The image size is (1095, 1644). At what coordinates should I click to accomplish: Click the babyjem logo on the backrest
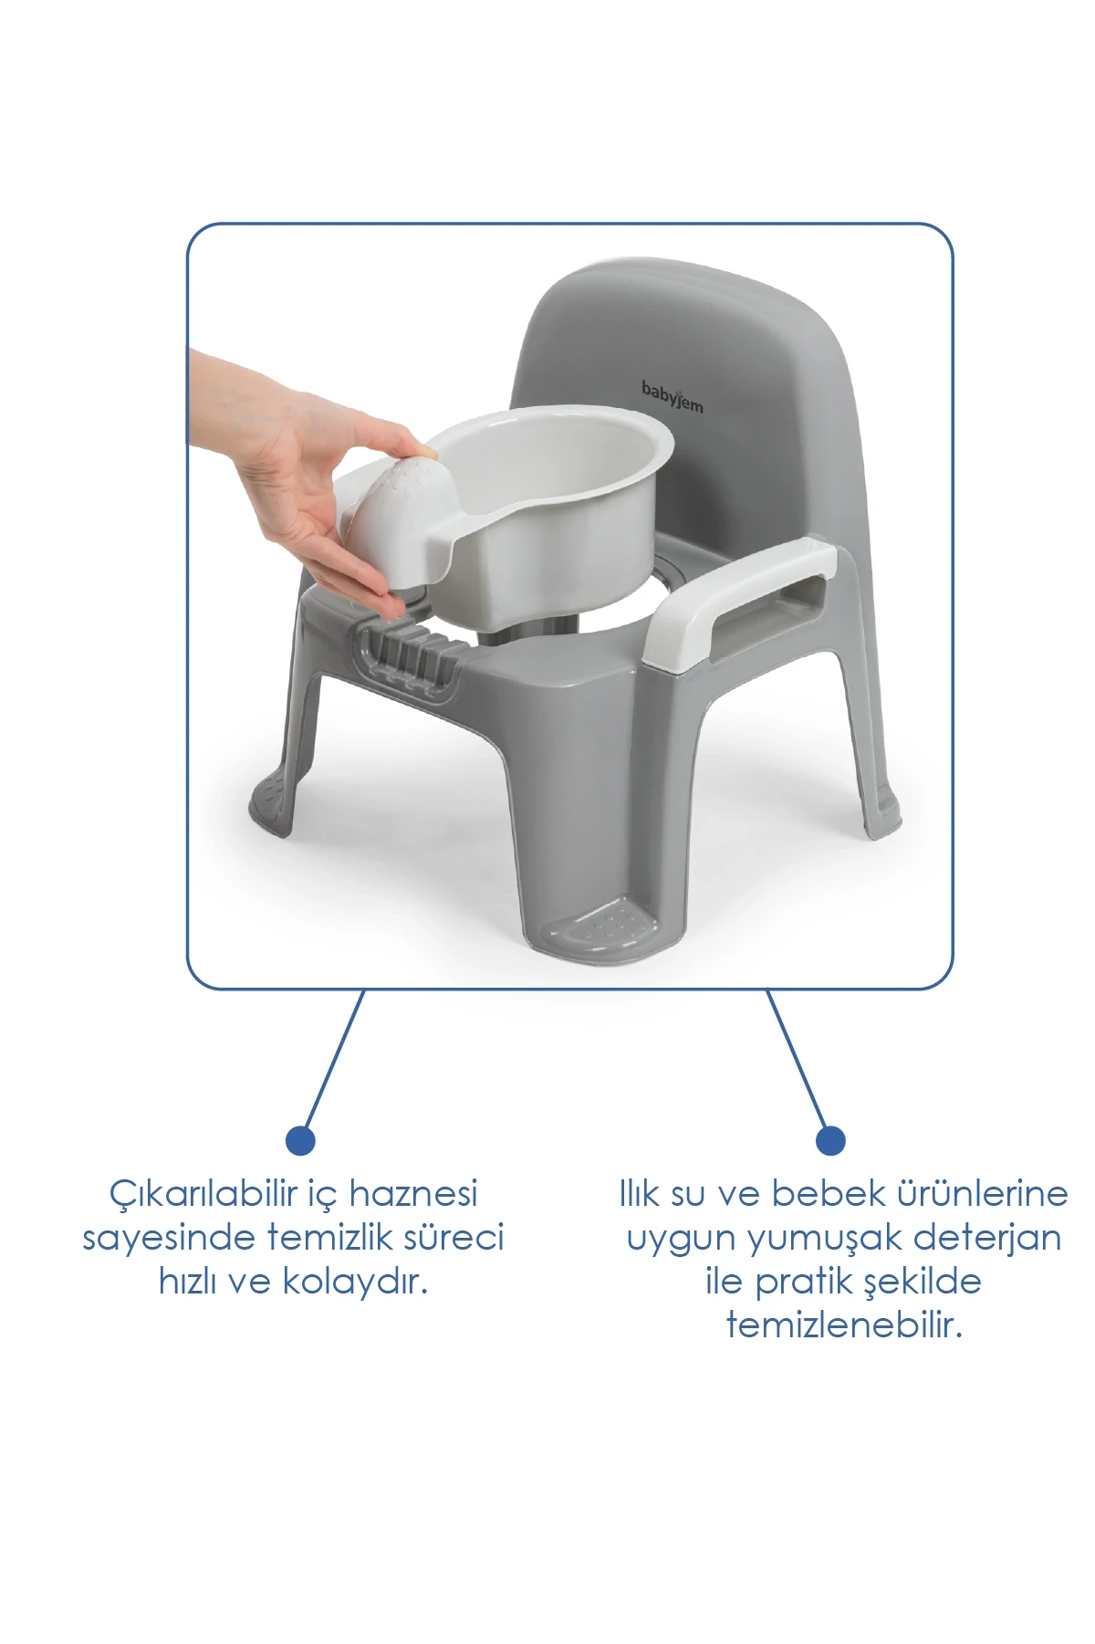click(673, 396)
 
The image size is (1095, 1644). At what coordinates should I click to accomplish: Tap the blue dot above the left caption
click(300, 1139)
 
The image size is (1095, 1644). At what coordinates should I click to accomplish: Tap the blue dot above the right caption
click(830, 1139)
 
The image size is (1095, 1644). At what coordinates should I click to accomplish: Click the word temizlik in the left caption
click(332, 1238)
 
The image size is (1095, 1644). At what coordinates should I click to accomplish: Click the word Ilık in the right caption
click(638, 1193)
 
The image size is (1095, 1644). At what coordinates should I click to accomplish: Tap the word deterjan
click(987, 1238)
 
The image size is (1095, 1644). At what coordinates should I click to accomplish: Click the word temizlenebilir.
click(844, 1325)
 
